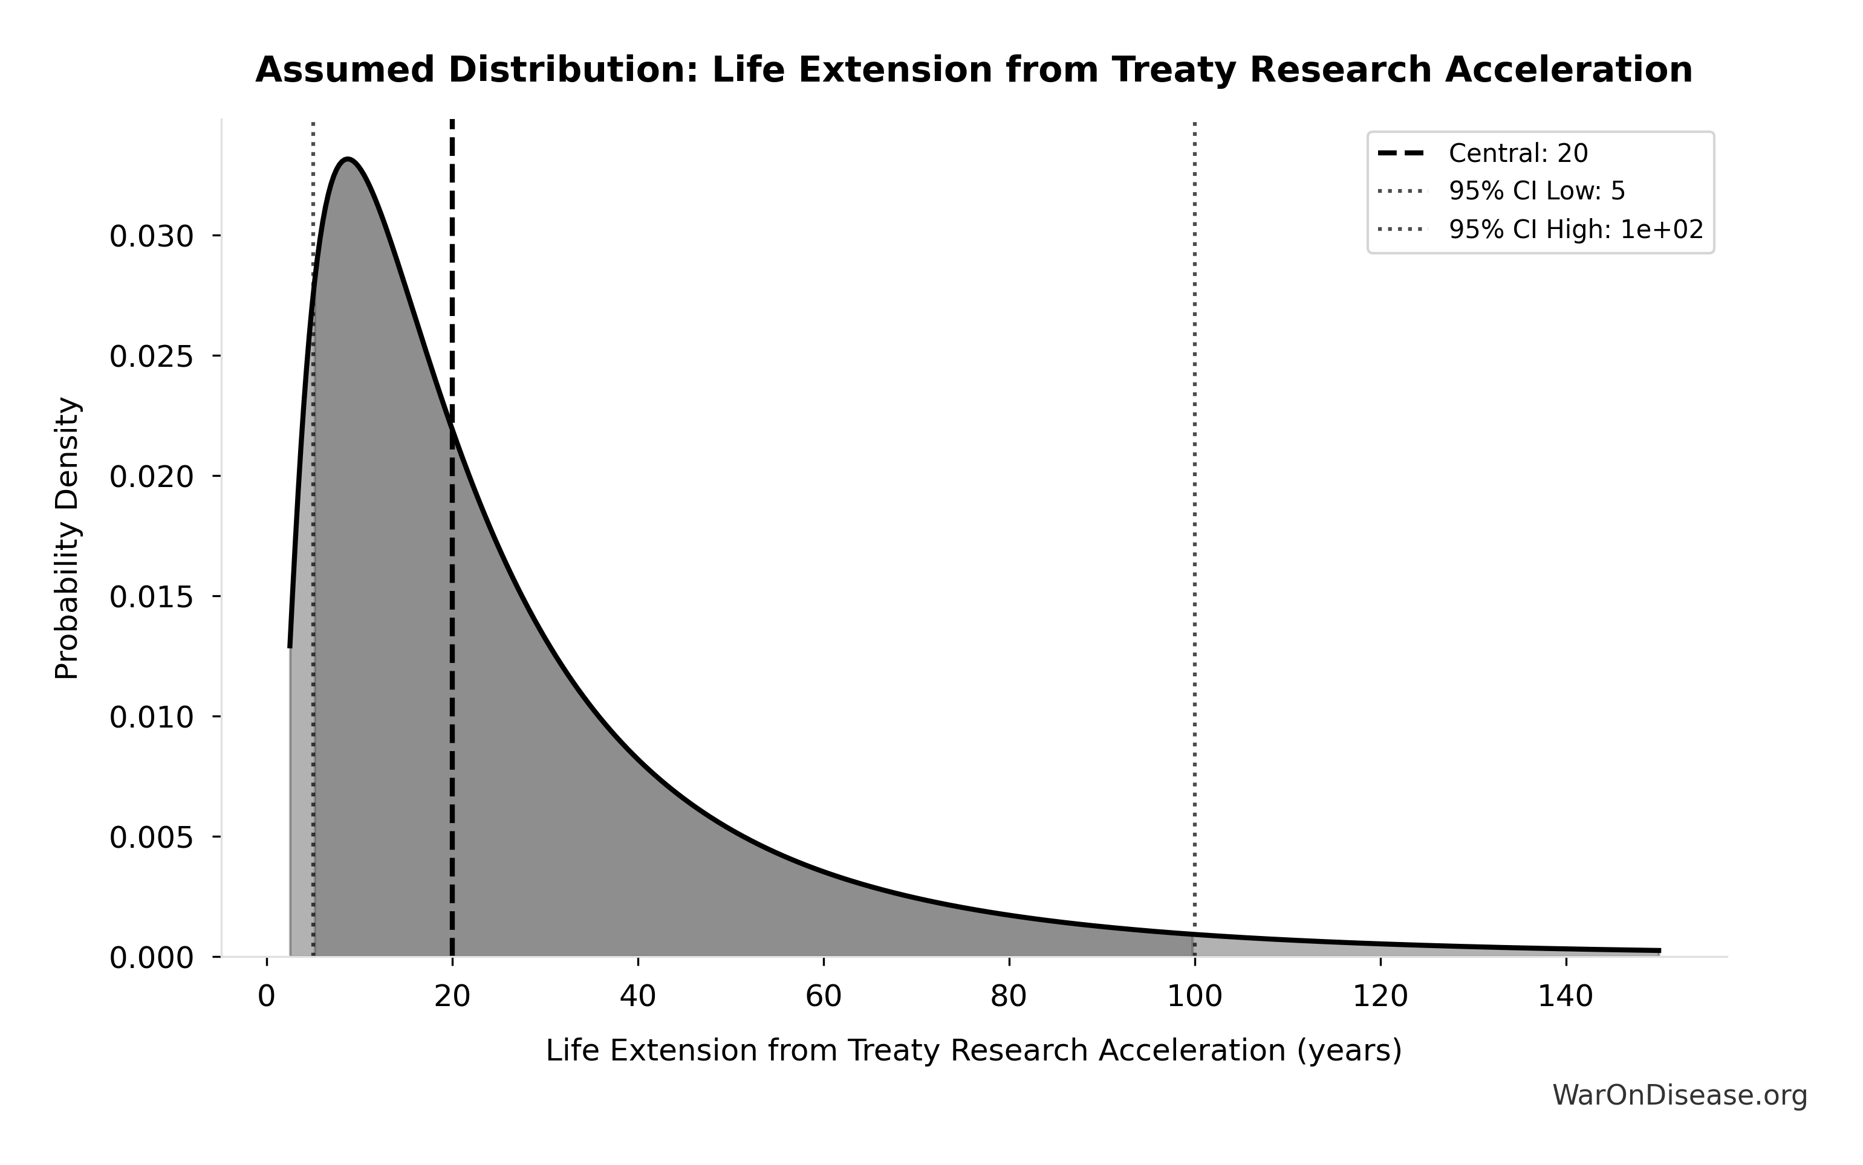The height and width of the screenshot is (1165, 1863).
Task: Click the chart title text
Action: click(x=974, y=71)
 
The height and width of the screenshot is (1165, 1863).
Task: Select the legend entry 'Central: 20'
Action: click(x=1518, y=154)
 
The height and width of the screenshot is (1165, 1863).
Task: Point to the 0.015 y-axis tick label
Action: click(x=152, y=597)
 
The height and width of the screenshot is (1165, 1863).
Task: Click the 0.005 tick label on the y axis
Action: click(x=152, y=837)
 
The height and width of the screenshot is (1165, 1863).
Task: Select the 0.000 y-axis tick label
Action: click(x=152, y=958)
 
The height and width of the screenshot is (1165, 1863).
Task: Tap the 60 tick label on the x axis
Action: click(x=823, y=997)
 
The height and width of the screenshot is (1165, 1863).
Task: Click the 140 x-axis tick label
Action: click(x=1566, y=997)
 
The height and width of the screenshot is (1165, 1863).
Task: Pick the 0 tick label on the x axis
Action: click(x=267, y=997)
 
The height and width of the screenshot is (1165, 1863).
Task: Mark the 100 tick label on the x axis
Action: click(x=1194, y=997)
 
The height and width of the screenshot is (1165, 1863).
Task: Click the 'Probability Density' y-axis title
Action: click(x=68, y=538)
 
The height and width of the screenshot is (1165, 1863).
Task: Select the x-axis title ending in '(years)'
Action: click(x=974, y=1051)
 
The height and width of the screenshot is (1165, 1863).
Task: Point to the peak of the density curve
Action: click(x=348, y=160)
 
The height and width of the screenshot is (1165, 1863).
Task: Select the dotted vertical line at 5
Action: click(x=313, y=616)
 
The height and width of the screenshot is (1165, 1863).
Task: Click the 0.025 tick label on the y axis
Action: click(x=152, y=357)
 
